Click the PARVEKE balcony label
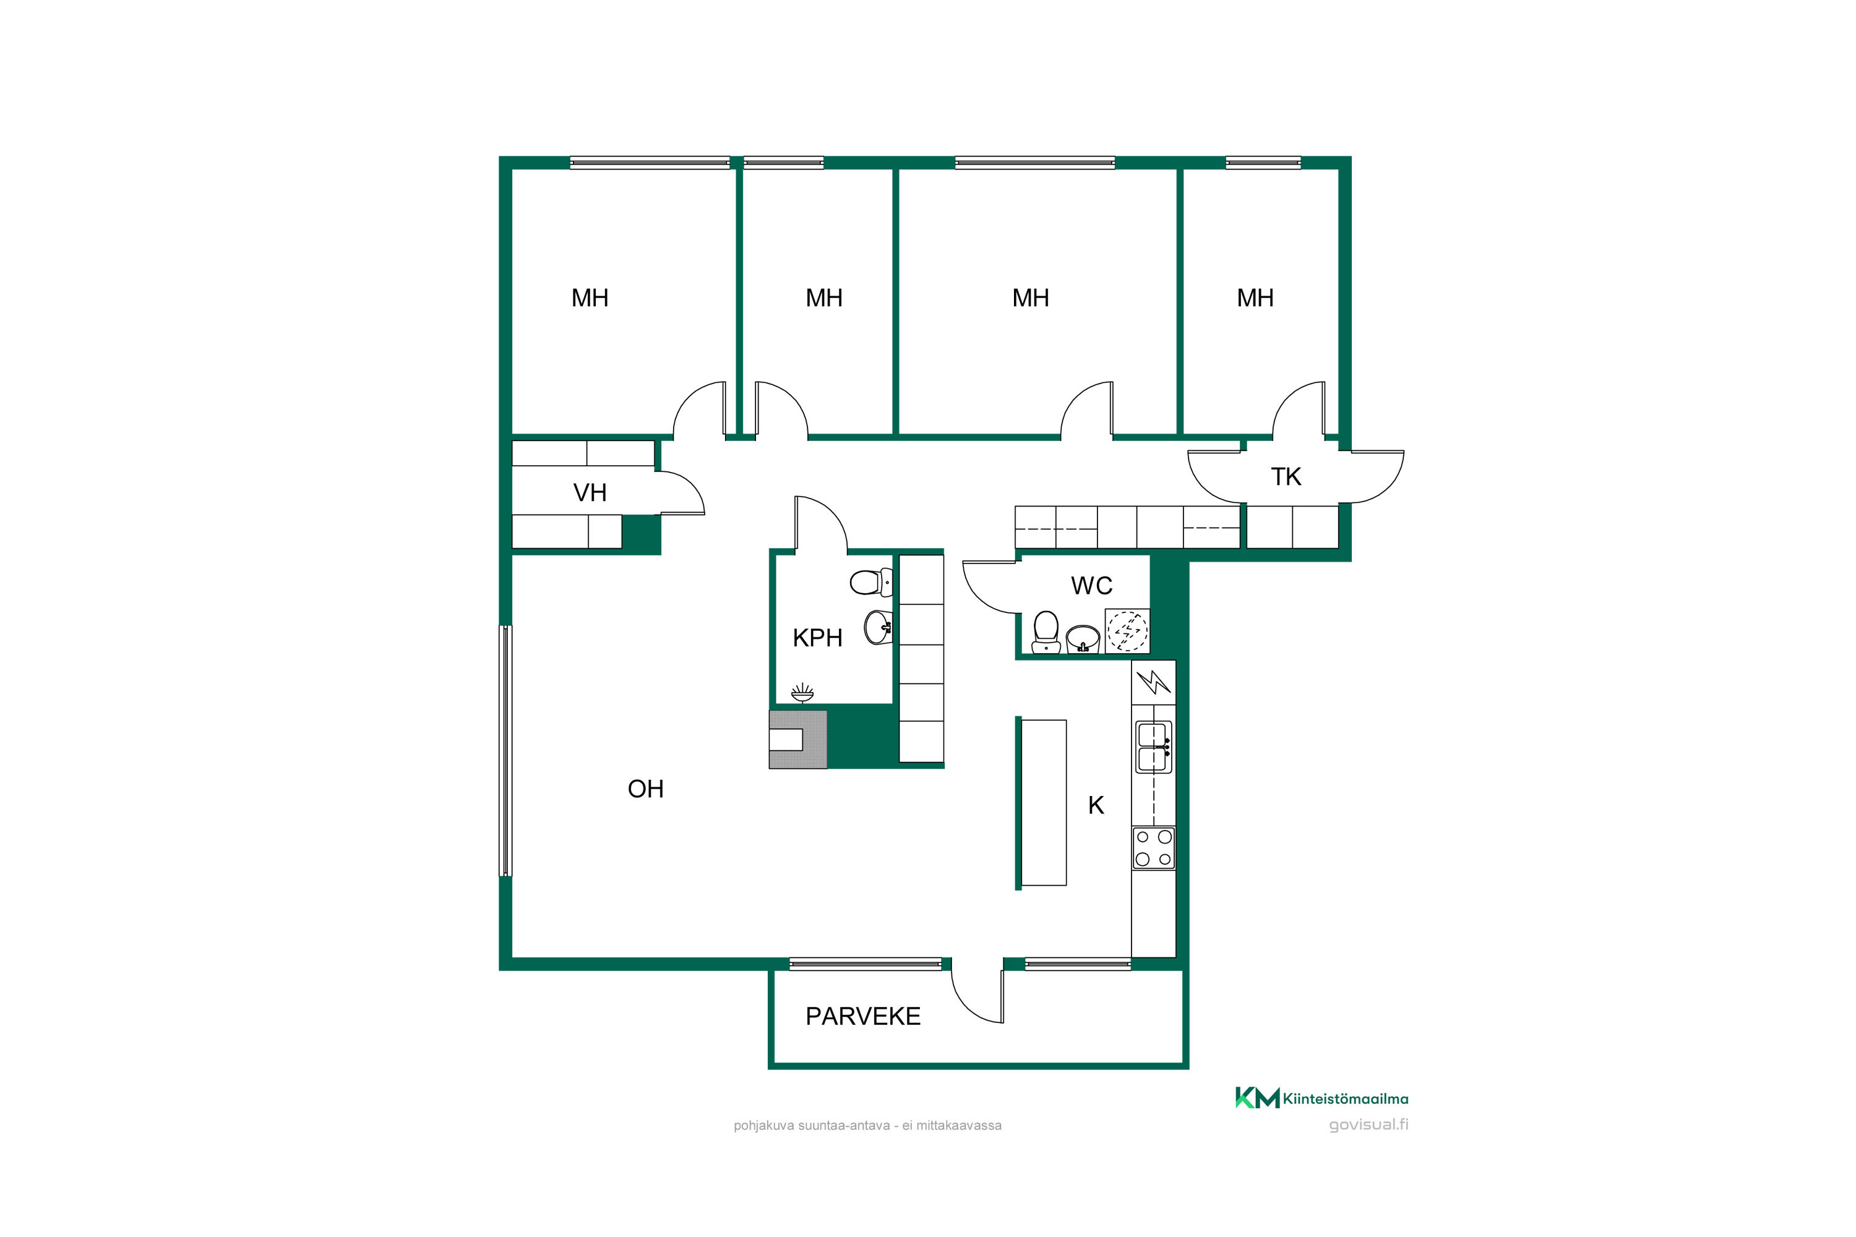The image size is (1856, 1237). point(862,1016)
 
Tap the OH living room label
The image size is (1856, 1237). point(645,789)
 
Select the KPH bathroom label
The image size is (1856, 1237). point(817,638)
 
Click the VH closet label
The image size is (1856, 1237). point(590,492)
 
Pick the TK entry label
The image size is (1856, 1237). point(1286,476)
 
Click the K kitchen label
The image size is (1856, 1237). point(1096,805)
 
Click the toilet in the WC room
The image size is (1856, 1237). point(1046,633)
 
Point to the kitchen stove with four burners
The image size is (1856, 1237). point(1154,848)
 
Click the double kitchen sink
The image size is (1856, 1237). point(1154,747)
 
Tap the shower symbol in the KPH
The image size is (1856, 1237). point(802,693)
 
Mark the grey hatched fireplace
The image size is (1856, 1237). point(798,739)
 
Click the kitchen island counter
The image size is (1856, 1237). point(1043,802)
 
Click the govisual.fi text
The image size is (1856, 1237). point(1368,1125)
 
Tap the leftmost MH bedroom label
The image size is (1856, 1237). point(590,297)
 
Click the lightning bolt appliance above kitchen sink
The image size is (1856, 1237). point(1154,682)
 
